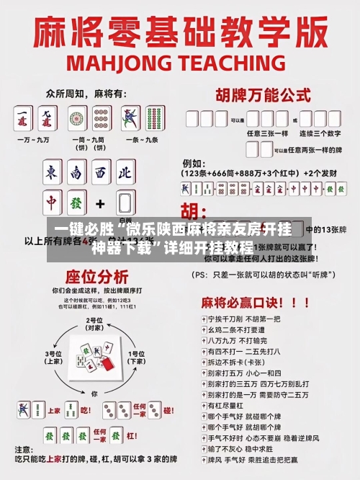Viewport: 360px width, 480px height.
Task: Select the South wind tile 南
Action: point(76,173)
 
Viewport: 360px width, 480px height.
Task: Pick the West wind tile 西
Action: point(100,173)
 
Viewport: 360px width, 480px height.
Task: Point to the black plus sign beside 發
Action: point(100,204)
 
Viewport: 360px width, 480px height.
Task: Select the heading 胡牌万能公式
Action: point(258,94)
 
